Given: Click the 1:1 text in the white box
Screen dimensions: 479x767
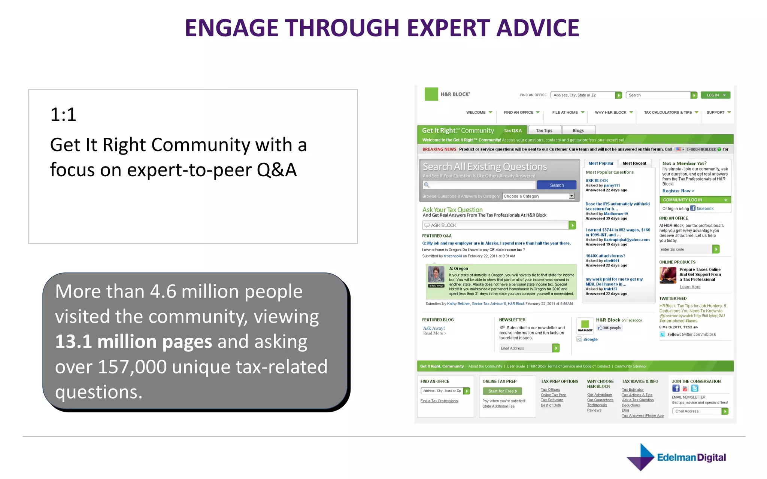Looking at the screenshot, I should click(x=63, y=115).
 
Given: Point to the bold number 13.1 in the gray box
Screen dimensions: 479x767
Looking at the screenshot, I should click(x=73, y=342).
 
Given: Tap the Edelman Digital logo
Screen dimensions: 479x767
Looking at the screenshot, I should click(x=676, y=457).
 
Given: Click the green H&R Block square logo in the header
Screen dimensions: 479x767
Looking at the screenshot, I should click(x=431, y=94).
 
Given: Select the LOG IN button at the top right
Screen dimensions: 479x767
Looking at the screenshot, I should click(x=715, y=95).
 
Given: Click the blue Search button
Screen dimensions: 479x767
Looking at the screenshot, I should click(x=557, y=185).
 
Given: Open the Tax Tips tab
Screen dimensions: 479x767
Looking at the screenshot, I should click(x=544, y=130).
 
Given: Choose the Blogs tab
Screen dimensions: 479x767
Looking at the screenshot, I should click(x=578, y=130).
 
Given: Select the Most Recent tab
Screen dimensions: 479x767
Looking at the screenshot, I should click(x=634, y=163).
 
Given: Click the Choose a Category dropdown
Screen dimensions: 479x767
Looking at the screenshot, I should click(x=538, y=196).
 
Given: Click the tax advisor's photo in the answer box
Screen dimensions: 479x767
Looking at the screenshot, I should click(x=436, y=275).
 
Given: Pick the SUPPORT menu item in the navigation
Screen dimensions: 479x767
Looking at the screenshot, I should click(x=716, y=112).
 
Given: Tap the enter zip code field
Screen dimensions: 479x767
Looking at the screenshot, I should click(x=685, y=249).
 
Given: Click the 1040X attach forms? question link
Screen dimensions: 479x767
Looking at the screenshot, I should click(x=605, y=256).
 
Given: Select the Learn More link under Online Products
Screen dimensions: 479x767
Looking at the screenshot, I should click(x=690, y=287).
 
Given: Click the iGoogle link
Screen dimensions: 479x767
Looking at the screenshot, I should click(x=590, y=339).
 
